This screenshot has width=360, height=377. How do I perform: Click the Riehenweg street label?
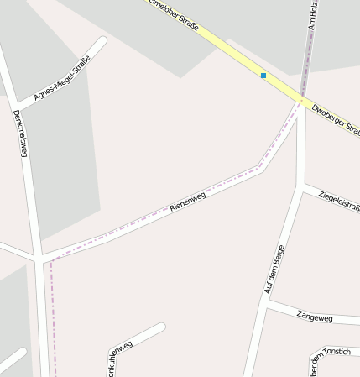[x=188, y=201]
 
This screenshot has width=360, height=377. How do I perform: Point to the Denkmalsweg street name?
[x=21, y=134]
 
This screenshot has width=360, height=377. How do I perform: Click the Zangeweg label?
[x=315, y=317]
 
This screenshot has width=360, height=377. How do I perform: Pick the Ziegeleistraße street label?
[x=339, y=202]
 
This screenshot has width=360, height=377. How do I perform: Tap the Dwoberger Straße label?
[x=335, y=119]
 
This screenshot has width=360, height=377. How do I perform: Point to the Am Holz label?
[x=313, y=15]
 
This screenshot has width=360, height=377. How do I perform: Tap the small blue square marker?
[x=263, y=76]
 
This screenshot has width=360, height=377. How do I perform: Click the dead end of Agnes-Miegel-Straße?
[x=102, y=41]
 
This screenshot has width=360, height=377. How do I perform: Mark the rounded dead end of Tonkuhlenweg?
[x=160, y=327]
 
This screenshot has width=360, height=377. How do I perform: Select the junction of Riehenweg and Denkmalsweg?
[x=39, y=258]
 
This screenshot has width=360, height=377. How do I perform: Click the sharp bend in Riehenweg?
[x=262, y=168]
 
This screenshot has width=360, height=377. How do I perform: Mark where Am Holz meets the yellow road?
[x=301, y=100]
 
